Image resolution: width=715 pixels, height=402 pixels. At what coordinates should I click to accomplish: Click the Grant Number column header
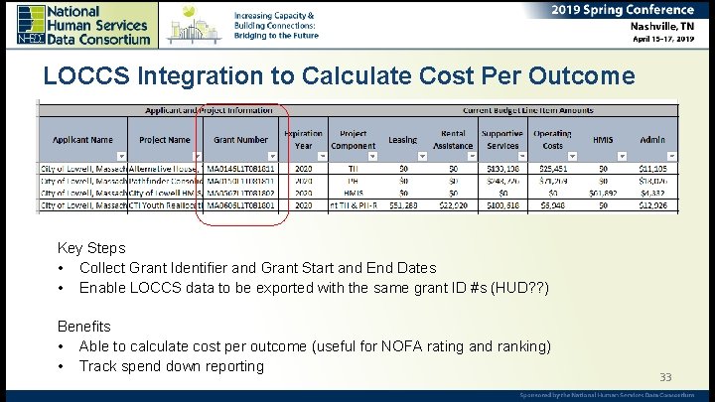240,140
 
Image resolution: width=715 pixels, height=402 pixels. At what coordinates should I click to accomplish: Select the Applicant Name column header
83,140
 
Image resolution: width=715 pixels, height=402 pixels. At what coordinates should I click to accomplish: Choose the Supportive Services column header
501,140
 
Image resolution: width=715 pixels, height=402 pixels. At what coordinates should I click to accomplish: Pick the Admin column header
652,140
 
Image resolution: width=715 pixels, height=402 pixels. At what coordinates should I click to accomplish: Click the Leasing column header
402,140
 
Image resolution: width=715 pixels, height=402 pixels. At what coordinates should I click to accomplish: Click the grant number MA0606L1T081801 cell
242,205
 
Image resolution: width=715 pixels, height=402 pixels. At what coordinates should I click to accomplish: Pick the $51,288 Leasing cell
404,205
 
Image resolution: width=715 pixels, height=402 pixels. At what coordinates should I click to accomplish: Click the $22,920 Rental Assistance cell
453,205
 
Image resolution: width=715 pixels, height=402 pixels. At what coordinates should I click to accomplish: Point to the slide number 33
666,377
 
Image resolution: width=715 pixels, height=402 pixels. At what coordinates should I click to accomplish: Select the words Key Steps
91,248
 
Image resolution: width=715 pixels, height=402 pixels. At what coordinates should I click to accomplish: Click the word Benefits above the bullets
84,327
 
